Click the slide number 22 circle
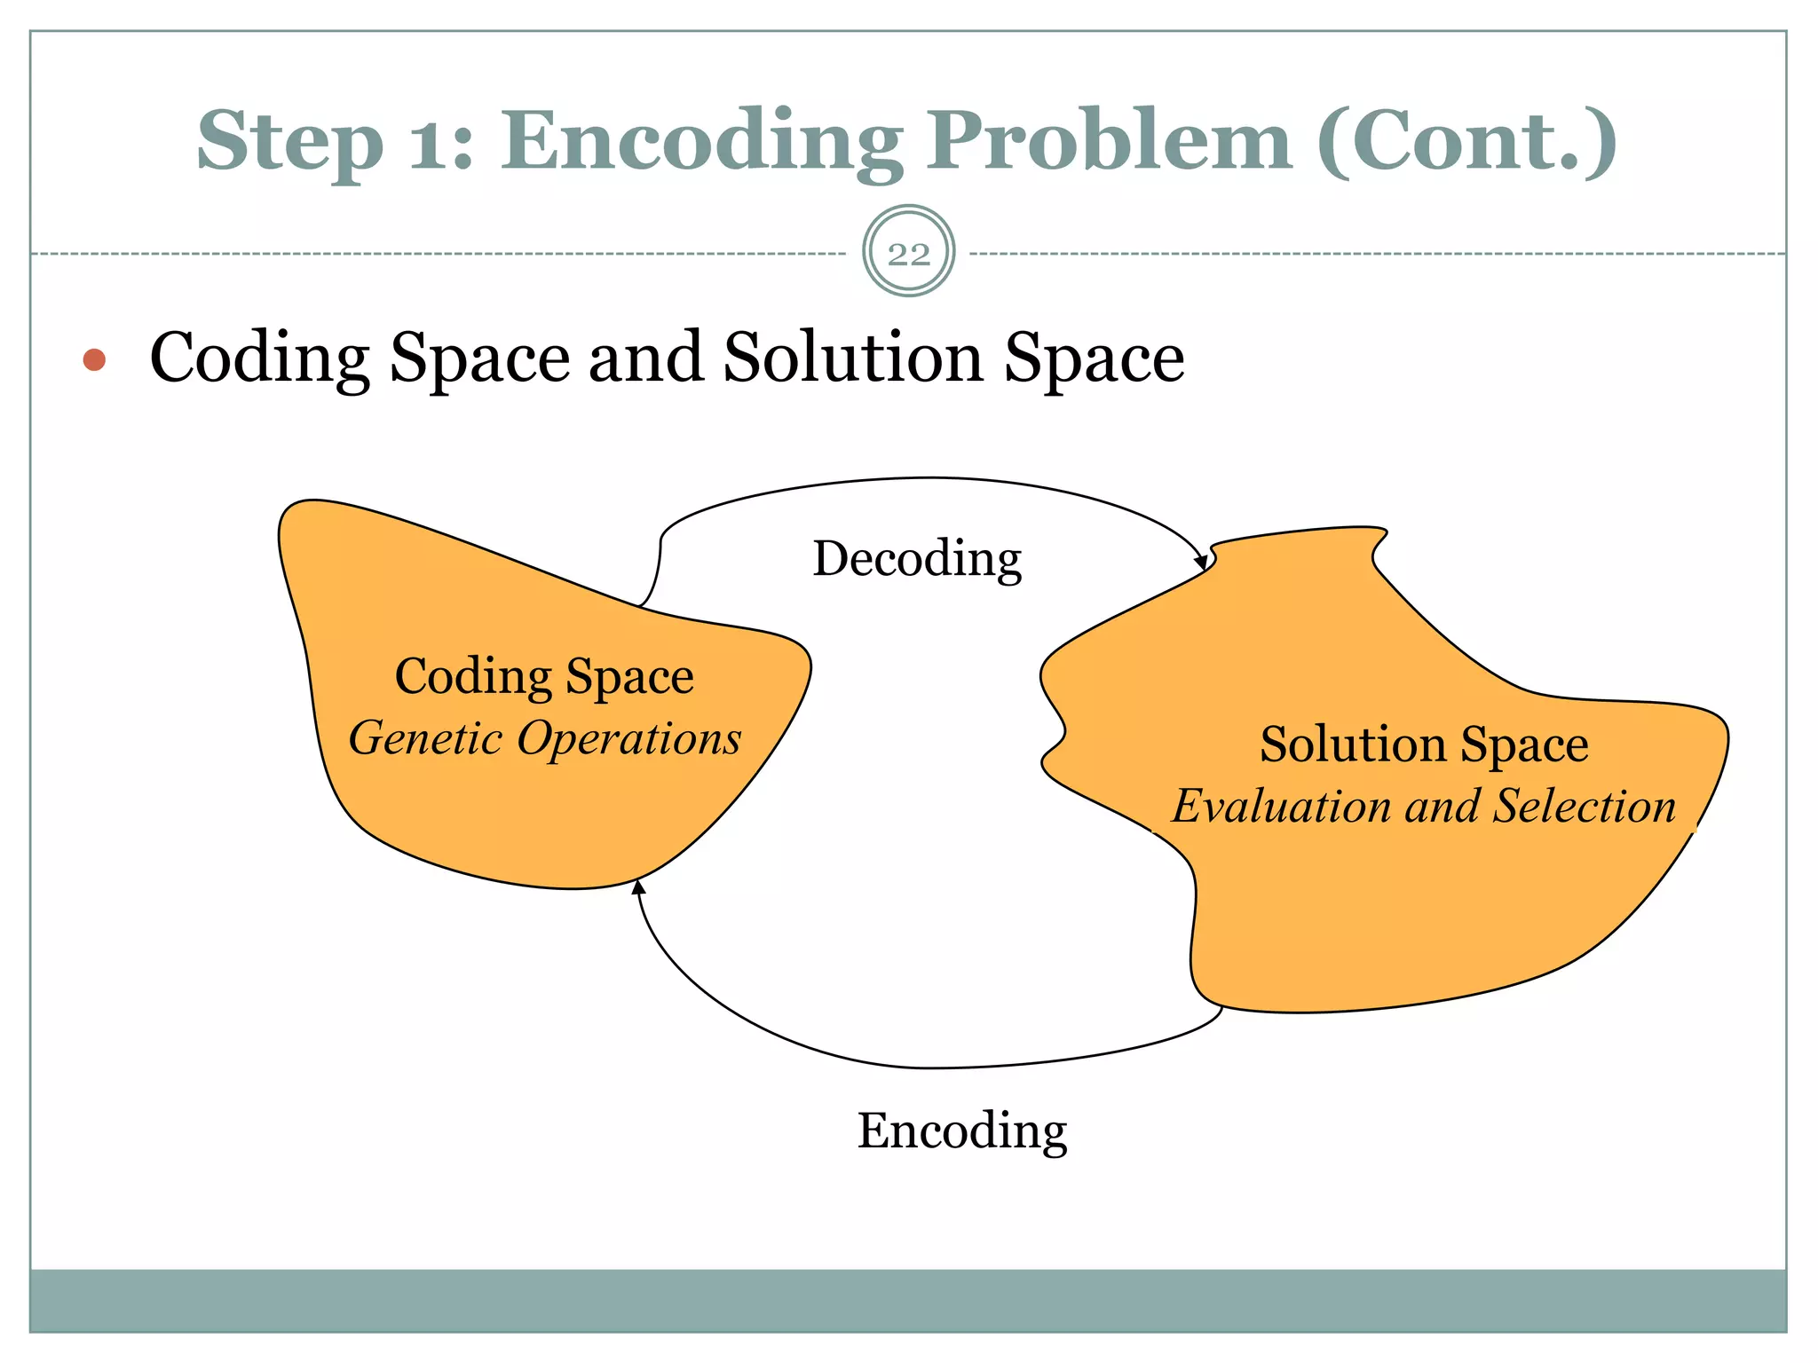tap(908, 252)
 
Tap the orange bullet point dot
tap(94, 359)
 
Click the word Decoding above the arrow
tap(917, 558)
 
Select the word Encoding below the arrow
tap(961, 1130)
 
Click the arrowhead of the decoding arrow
tap(1201, 562)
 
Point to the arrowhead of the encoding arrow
tap(637, 886)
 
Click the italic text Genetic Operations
tap(544, 738)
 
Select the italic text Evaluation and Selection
tap(1423, 807)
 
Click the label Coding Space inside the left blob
tap(544, 676)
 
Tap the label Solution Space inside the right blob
tap(1423, 744)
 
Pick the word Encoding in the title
tap(701, 142)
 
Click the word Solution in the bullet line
tap(853, 357)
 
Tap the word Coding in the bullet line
tap(259, 358)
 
